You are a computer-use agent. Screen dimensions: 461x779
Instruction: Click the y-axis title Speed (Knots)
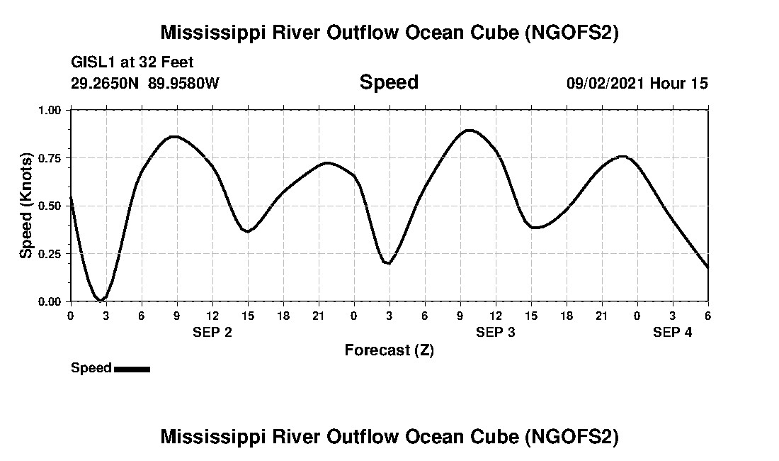[26, 206]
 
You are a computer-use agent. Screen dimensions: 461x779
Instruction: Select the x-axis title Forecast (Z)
[389, 350]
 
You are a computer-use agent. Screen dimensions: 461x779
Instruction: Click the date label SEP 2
[212, 332]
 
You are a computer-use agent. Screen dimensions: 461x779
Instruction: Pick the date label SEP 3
[496, 332]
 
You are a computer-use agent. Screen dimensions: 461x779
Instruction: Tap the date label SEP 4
[673, 332]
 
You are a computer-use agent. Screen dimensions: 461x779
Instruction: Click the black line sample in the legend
[132, 369]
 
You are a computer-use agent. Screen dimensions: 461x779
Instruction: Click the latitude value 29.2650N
[105, 83]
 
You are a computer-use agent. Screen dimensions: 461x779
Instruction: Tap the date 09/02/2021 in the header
[605, 83]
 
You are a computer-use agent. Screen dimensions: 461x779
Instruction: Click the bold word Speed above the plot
[389, 82]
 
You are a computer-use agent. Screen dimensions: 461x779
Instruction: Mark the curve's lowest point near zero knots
[102, 301]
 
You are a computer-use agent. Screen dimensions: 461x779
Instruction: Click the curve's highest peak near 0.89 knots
[469, 130]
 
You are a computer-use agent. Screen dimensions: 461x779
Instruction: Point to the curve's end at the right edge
[707, 267]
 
